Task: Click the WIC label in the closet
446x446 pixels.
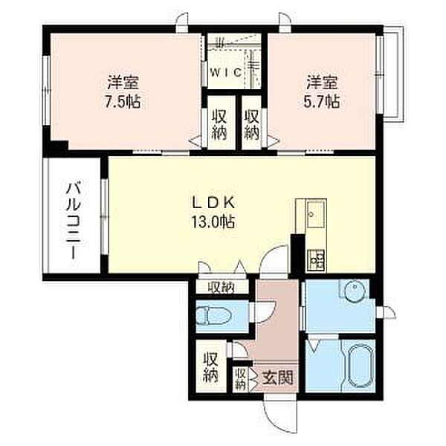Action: coord(226,73)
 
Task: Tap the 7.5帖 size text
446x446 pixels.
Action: coord(123,102)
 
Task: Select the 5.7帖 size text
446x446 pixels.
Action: coord(322,102)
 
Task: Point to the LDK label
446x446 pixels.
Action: coord(213,203)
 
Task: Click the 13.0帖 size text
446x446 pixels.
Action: coord(213,222)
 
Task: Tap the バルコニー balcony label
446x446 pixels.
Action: coord(74,222)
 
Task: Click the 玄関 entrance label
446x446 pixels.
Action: coord(277,378)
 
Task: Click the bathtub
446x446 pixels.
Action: coord(359,366)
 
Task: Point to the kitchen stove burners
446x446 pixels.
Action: coord(317,259)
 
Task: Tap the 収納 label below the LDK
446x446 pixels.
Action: coord(221,288)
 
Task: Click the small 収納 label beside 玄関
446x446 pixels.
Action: coord(241,379)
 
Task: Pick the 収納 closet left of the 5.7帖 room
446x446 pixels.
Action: coord(252,125)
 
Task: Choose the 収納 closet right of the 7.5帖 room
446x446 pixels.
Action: coord(219,125)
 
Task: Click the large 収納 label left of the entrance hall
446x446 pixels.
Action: coord(211,367)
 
